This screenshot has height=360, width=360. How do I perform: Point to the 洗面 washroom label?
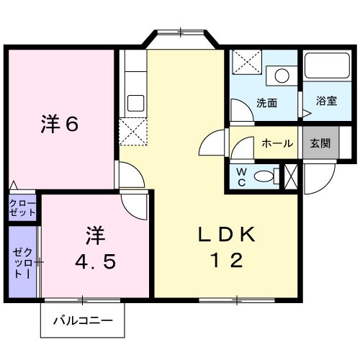[x=267, y=102]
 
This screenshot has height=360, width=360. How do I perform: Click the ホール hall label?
[x=277, y=143]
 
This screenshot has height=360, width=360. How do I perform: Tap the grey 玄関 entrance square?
[x=320, y=143]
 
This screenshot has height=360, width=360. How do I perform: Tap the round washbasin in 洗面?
[x=282, y=74]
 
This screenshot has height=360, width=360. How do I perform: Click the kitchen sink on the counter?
[x=135, y=102]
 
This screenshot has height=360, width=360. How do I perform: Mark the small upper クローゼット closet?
[x=23, y=209]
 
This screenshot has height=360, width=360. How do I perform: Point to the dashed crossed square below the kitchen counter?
[x=133, y=131]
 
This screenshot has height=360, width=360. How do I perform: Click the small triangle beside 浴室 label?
[x=305, y=113]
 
